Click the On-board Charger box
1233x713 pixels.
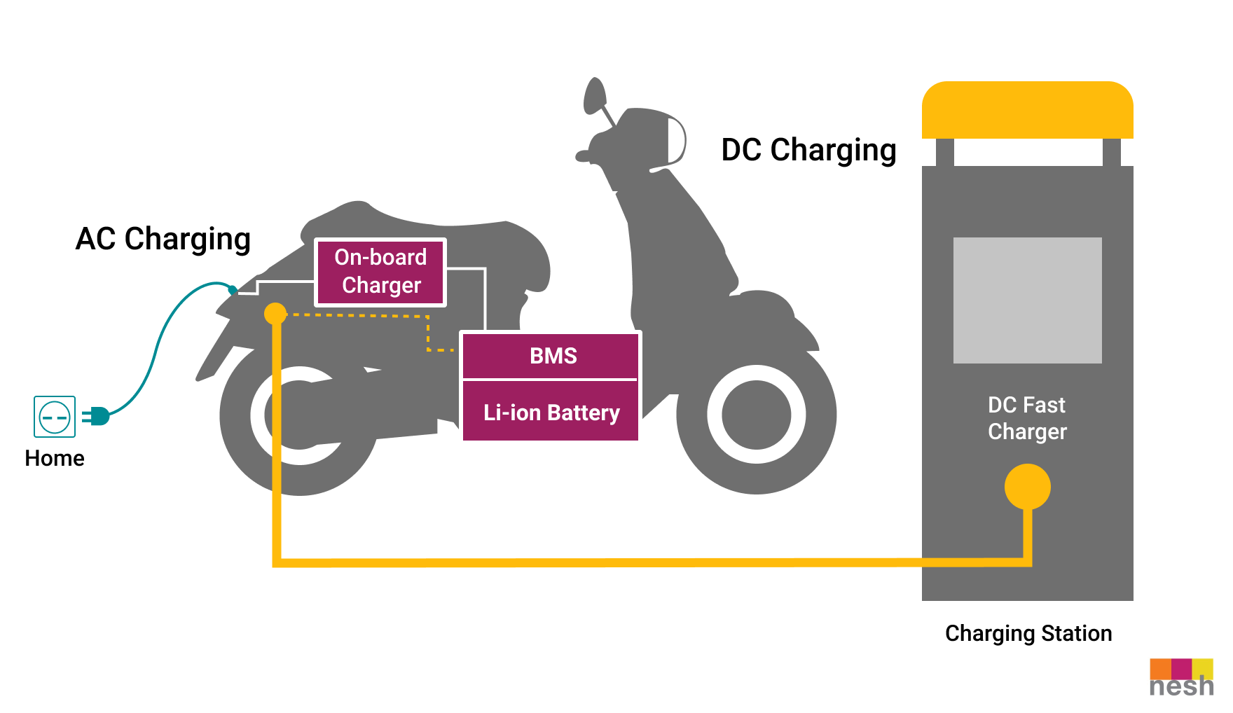(x=380, y=272)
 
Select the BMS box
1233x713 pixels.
(x=551, y=356)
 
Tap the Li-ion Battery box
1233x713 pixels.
(x=551, y=411)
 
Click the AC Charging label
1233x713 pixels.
(x=163, y=240)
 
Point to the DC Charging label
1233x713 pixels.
(x=809, y=151)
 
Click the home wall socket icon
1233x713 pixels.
(x=55, y=417)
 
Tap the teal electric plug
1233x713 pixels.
(x=96, y=416)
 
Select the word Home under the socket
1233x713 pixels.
(x=55, y=458)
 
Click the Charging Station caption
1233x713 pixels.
(x=1028, y=634)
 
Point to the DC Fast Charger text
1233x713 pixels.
(x=1027, y=418)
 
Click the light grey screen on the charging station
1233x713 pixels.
(x=1028, y=300)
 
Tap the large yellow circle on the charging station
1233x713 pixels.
(x=1028, y=487)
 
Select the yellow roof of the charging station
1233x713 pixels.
(x=1028, y=110)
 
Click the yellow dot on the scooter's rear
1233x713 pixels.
(x=275, y=314)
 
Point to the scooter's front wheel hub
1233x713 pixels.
(x=757, y=415)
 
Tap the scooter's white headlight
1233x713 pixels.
(x=676, y=141)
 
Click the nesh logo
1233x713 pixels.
(x=1182, y=678)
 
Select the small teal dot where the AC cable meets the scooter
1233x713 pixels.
(x=233, y=289)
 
